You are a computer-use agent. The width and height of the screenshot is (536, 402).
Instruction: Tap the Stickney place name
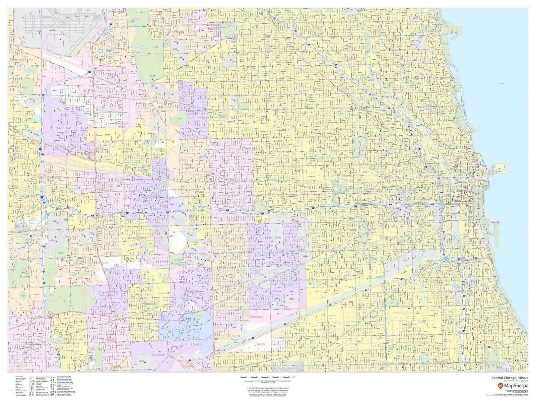(x=257, y=316)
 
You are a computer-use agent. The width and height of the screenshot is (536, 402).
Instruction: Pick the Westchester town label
(x=98, y=263)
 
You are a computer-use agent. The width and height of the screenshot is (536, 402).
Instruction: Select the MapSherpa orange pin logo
(x=500, y=386)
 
